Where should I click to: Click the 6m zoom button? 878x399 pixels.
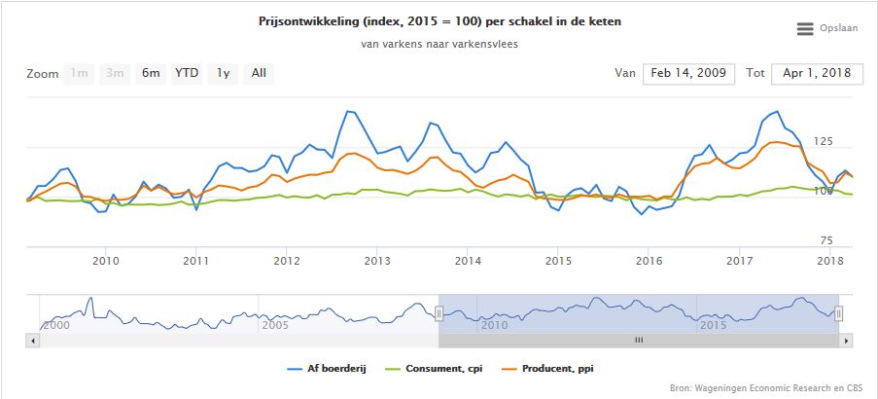tap(151, 73)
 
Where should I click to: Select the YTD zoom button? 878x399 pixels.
tap(187, 73)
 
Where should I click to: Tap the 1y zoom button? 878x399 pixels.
tap(223, 73)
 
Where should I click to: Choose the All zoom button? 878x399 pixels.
tap(259, 73)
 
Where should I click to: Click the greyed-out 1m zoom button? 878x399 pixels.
tap(79, 73)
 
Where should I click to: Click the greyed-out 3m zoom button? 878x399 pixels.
tap(115, 73)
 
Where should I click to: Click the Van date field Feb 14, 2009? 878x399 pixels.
tap(688, 73)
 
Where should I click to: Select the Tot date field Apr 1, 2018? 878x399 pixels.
tap(817, 73)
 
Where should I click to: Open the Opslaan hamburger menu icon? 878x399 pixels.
tap(805, 29)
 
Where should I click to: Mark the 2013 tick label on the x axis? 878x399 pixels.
tap(377, 261)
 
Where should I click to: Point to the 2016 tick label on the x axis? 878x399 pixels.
tap(649, 261)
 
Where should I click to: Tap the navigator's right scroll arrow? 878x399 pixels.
tap(847, 341)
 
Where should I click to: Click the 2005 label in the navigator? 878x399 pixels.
tap(275, 324)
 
